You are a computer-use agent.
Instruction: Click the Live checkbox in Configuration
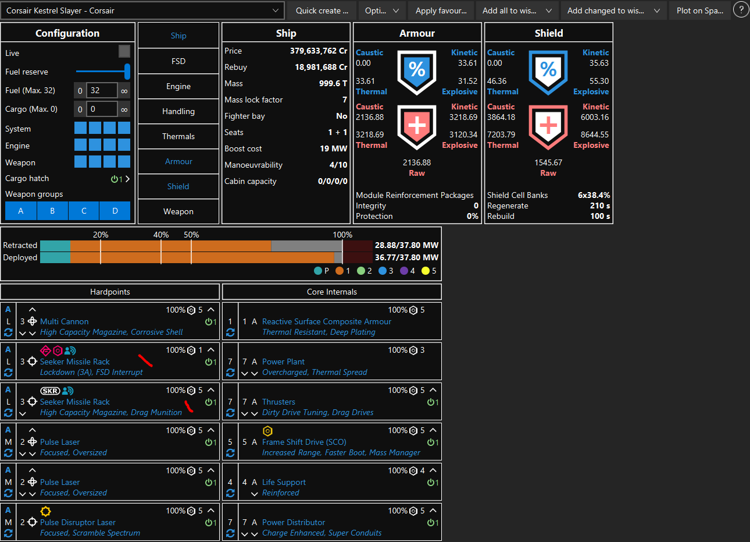(124, 52)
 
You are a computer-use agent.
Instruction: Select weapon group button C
(84, 211)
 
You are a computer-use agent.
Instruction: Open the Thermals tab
(178, 136)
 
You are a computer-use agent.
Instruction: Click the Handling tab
(178, 111)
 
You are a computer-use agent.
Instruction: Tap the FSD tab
(178, 61)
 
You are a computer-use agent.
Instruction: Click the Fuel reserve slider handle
(127, 72)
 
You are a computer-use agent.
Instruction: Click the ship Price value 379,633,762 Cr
(319, 51)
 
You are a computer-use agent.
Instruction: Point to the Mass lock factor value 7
(345, 100)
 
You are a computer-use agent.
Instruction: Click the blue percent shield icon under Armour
(417, 72)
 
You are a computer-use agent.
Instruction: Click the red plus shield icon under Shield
(548, 126)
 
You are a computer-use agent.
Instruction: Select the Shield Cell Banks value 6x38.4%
(594, 195)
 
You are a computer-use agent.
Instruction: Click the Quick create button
(322, 10)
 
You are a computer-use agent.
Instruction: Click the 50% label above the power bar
(191, 235)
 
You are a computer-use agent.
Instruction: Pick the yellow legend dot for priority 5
(426, 271)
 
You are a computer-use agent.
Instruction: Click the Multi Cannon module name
(65, 321)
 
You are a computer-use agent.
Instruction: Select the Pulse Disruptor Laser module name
(78, 522)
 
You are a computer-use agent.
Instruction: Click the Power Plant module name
(283, 362)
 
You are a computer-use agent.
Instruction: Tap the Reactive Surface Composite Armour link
(326, 321)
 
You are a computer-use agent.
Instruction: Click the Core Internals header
(332, 292)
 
